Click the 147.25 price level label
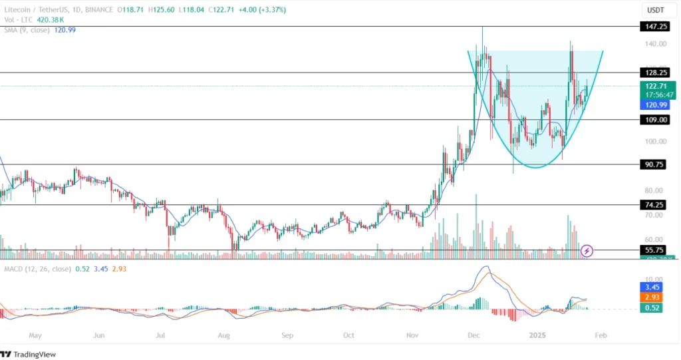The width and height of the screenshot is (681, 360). point(652,27)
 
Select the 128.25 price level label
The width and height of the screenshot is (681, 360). point(652,72)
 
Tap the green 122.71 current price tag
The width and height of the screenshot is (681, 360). point(652,87)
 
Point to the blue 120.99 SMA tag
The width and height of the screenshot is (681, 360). point(652,105)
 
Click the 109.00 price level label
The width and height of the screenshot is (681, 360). point(652,120)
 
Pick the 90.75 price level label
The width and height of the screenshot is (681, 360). point(652,164)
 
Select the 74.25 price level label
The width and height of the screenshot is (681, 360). point(652,205)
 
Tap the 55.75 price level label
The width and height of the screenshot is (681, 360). point(652,250)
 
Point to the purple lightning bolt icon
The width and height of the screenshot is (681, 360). point(587,251)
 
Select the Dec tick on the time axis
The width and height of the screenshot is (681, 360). point(474,336)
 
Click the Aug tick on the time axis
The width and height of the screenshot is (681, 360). point(223,336)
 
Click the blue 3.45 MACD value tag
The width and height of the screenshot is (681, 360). point(652,287)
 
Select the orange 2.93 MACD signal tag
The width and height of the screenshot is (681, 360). point(652,297)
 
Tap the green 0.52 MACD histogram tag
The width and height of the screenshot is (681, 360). point(652,308)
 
